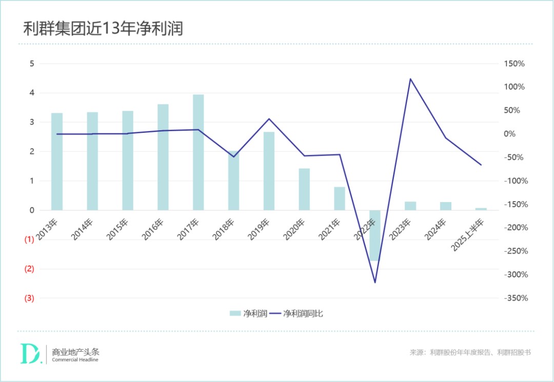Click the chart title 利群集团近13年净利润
[x=103, y=29]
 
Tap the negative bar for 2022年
[x=375, y=235]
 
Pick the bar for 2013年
[x=57, y=162]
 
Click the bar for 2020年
[x=304, y=189]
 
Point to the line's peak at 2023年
[x=410, y=79]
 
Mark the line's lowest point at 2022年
[x=375, y=283]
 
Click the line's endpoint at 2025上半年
[x=481, y=165]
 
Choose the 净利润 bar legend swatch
[x=235, y=313]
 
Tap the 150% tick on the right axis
[x=514, y=64]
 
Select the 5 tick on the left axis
[x=32, y=64]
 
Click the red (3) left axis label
[x=29, y=298]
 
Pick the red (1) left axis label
[x=29, y=239]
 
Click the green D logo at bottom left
[x=30, y=353]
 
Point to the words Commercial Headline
[x=75, y=359]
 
